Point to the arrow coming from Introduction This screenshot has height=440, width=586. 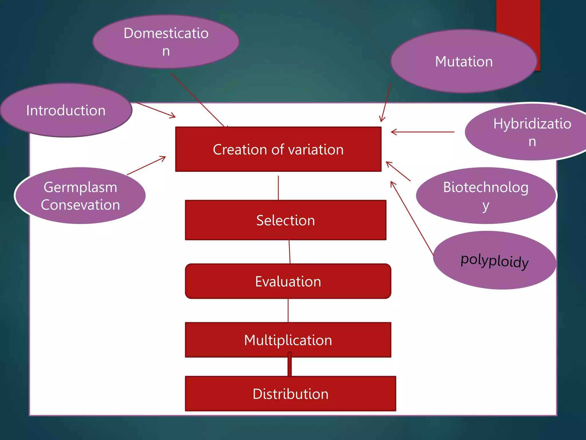[156, 110]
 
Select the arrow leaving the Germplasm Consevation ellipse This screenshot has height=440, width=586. [146, 166]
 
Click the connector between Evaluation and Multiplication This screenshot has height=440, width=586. [288, 311]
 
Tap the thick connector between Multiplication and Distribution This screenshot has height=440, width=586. [290, 367]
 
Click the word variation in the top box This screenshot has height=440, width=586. [316, 150]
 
